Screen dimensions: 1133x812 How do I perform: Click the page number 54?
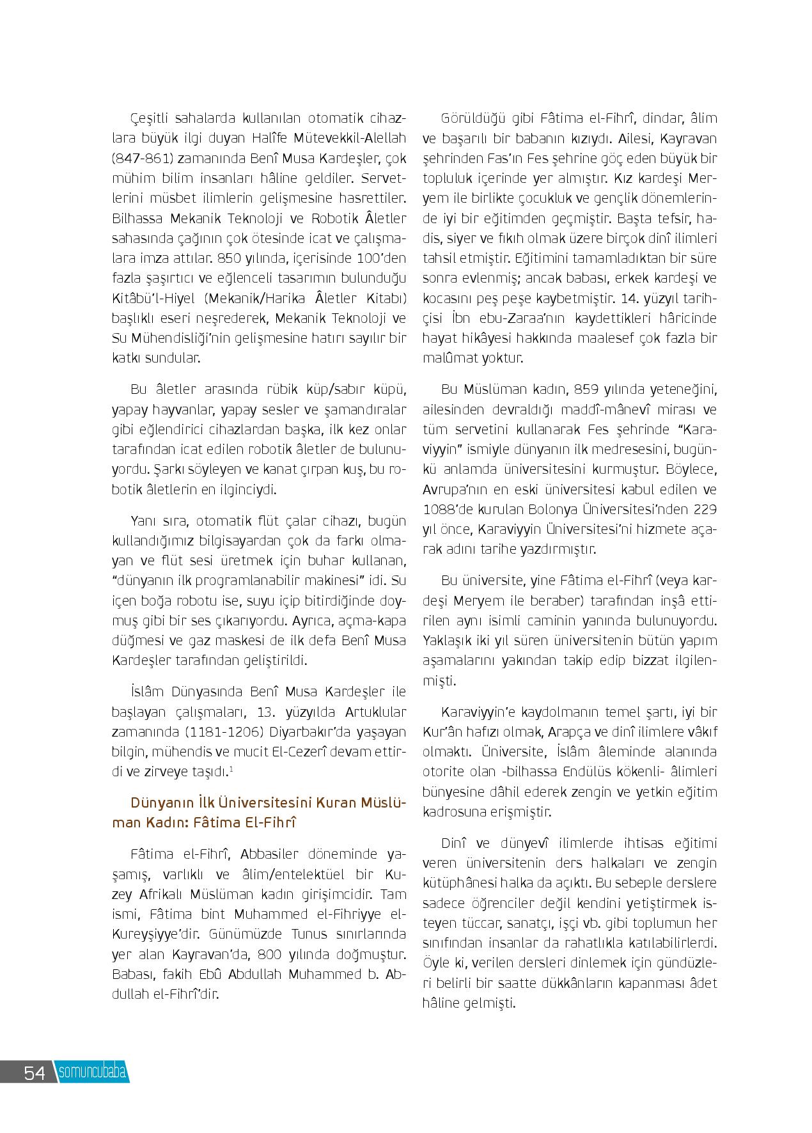[x=35, y=1072]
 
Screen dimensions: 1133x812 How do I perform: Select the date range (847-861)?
[x=142, y=159]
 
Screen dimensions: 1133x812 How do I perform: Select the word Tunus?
[x=304, y=934]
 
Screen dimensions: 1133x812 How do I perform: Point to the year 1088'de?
[x=448, y=510]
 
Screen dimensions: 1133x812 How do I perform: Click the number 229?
[x=705, y=510]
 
